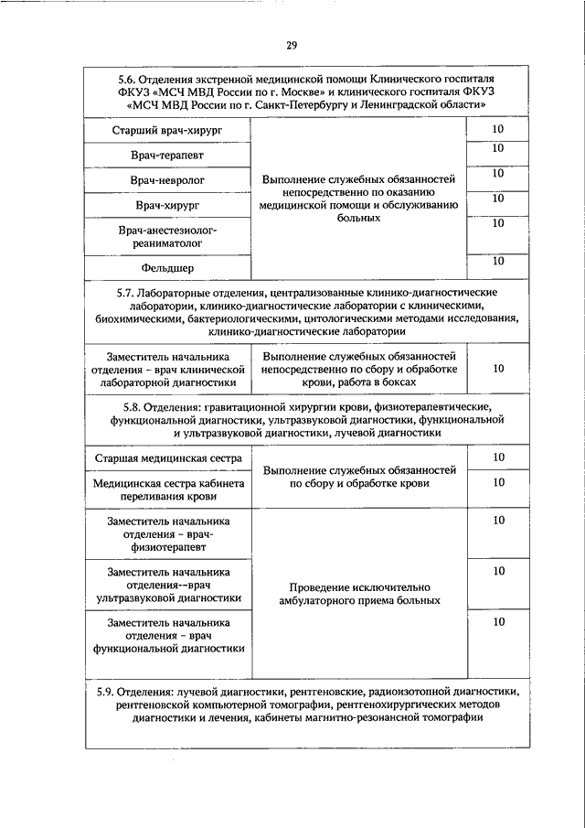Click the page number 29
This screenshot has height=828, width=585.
292,46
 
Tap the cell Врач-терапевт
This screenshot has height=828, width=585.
167,156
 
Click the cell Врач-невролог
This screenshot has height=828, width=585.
167,181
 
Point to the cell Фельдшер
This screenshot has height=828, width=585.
167,268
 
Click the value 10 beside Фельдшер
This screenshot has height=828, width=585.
498,262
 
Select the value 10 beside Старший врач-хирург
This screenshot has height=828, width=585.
498,129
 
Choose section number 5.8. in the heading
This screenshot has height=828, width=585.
138,405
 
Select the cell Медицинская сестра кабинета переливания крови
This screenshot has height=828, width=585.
167,489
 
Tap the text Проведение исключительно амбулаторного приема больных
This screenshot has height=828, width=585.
359,594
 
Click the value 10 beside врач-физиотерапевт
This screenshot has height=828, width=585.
498,521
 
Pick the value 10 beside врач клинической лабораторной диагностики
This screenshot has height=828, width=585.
498,369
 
